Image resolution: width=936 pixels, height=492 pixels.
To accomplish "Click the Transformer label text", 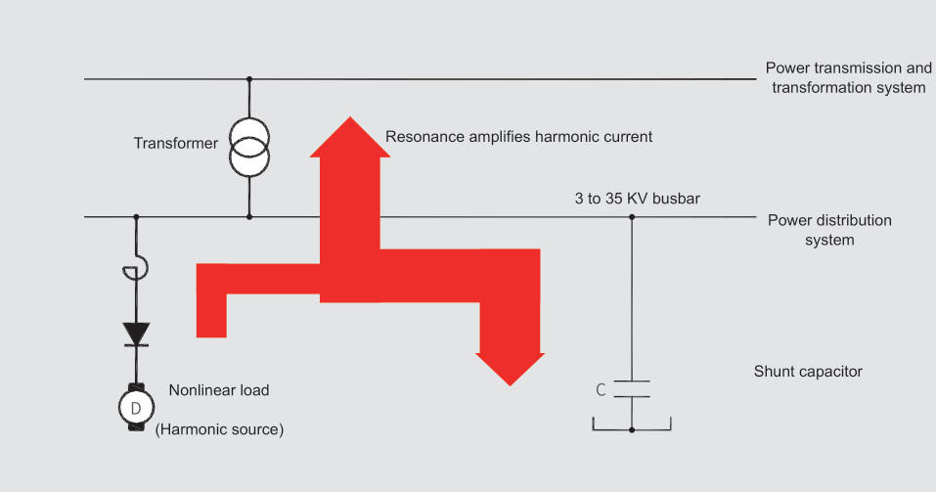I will (176, 144).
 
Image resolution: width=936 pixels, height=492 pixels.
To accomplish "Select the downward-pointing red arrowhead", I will (510, 366).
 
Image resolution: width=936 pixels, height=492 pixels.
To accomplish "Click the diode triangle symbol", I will (136, 334).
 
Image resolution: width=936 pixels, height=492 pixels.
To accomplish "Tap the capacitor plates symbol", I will (632, 388).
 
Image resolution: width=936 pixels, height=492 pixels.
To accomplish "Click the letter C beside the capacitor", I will (601, 389).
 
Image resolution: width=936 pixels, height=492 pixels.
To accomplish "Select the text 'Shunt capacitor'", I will (808, 372).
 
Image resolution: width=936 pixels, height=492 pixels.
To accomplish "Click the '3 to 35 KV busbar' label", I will (637, 199).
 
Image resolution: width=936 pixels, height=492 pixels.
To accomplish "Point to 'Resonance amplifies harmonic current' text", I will (518, 137).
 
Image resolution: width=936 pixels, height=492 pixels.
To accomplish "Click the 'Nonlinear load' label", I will (219, 390).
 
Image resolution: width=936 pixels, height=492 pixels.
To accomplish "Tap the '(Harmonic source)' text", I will (220, 429).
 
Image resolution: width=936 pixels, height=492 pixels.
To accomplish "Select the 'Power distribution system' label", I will (829, 230).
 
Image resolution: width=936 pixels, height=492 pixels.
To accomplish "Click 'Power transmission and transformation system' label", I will (848, 78).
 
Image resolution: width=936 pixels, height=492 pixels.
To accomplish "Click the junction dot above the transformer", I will (249, 78).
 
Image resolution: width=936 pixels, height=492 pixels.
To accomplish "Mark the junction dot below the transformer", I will (249, 216).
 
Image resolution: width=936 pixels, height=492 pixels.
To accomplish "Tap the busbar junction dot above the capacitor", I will (632, 216).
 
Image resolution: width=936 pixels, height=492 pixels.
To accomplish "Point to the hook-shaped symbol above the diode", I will (138, 268).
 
